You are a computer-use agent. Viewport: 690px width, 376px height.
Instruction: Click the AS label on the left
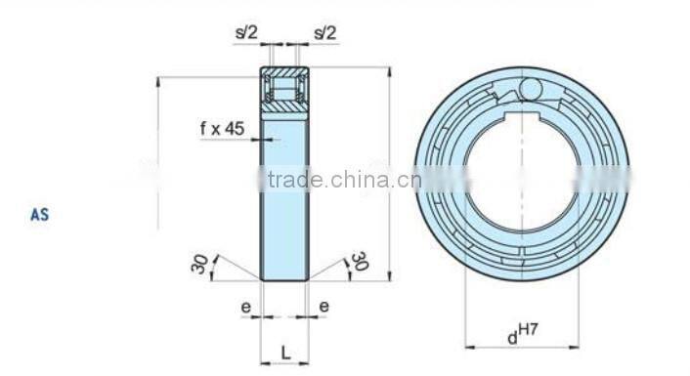click(x=39, y=215)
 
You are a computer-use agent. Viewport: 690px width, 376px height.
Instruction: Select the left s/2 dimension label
click(x=245, y=32)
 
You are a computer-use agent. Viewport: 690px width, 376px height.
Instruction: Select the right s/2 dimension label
click(x=324, y=32)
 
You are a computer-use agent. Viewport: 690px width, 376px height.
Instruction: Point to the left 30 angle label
click(x=201, y=263)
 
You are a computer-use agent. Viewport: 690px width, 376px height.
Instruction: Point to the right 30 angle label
click(x=359, y=262)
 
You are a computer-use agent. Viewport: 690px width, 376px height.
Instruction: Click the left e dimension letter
click(x=246, y=306)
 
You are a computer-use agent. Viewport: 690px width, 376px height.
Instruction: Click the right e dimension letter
click(x=323, y=306)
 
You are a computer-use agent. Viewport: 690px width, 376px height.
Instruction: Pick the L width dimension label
click(x=284, y=351)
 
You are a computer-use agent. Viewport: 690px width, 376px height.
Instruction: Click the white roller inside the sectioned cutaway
click(x=284, y=93)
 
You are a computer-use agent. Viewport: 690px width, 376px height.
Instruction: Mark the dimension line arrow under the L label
click(x=284, y=363)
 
